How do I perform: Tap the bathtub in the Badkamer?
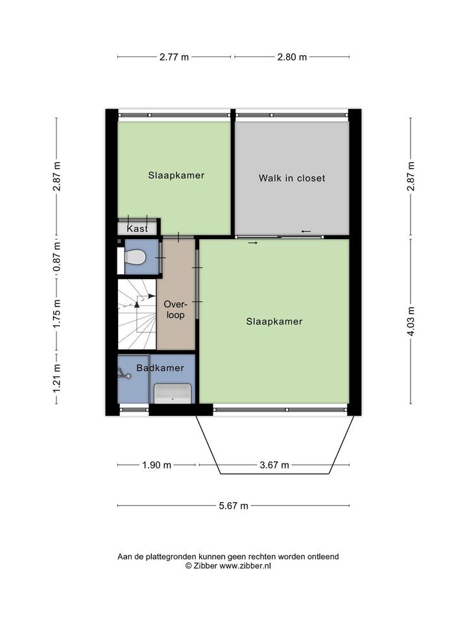pyautogui.click(x=173, y=393)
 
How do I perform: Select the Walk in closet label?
pyautogui.click(x=292, y=178)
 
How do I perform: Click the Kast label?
pyautogui.click(x=137, y=229)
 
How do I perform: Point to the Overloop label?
pyautogui.click(x=175, y=310)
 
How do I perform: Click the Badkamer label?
pyautogui.click(x=160, y=368)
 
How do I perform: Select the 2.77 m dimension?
pyautogui.click(x=174, y=57)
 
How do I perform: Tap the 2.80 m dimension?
pyautogui.click(x=292, y=57)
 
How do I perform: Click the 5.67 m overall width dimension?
pyautogui.click(x=233, y=506)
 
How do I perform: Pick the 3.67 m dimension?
pyautogui.click(x=274, y=465)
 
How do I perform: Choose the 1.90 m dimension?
pyautogui.click(x=157, y=465)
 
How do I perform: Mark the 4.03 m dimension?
pyautogui.click(x=411, y=322)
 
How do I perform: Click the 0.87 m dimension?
pyautogui.click(x=57, y=257)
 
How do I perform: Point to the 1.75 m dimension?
pyautogui.click(x=57, y=314)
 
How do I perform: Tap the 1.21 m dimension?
pyautogui.click(x=57, y=379)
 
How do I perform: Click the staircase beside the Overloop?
pyautogui.click(x=137, y=314)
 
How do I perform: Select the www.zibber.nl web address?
pyautogui.click(x=245, y=566)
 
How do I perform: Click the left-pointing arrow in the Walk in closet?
pyautogui.click(x=305, y=231)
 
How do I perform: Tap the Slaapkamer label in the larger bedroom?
pyautogui.click(x=274, y=321)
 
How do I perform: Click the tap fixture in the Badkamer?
pyautogui.click(x=124, y=374)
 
